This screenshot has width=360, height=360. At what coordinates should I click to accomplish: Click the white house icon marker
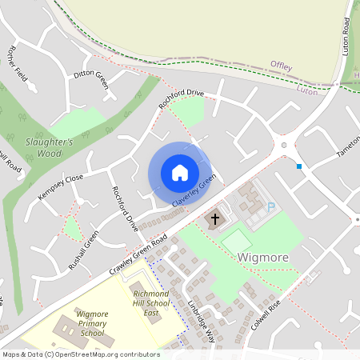(x=180, y=173)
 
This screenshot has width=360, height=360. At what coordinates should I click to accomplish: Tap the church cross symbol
(x=215, y=218)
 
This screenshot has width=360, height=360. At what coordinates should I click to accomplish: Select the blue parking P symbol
(x=271, y=207)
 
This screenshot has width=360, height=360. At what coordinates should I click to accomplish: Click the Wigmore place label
(x=262, y=258)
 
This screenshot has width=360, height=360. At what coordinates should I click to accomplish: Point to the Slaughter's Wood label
(x=54, y=147)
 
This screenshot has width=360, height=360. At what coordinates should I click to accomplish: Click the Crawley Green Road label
(x=138, y=254)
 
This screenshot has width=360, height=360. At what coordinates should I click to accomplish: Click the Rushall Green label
(x=83, y=250)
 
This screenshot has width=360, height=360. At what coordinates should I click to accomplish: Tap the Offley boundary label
(x=282, y=64)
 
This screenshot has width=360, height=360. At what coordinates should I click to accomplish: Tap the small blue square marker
(x=299, y=166)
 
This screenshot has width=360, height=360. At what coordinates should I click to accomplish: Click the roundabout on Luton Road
(x=283, y=146)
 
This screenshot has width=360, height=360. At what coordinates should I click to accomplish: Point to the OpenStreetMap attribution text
(x=81, y=354)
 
